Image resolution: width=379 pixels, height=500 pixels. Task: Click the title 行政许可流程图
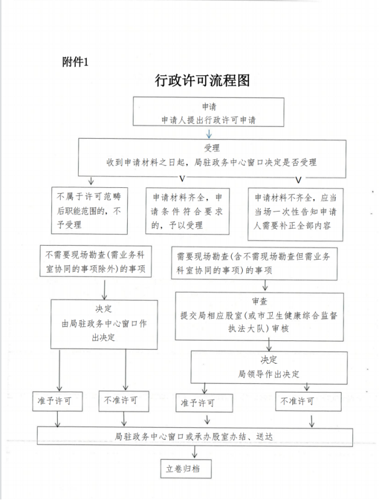pyautogui.click(x=202, y=80)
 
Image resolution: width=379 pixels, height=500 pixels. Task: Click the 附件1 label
pyautogui.click(x=75, y=61)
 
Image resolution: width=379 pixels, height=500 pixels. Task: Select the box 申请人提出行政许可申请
pyautogui.click(x=209, y=112)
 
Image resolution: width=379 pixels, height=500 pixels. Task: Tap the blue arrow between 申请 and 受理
pyautogui.click(x=209, y=134)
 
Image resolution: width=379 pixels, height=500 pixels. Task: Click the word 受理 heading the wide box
pyautogui.click(x=212, y=148)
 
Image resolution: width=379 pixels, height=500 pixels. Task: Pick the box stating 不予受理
pyautogui.click(x=90, y=211)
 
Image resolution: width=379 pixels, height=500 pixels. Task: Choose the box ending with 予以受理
pyautogui.click(x=187, y=211)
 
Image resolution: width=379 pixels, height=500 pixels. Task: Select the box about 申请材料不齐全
pyautogui.click(x=295, y=214)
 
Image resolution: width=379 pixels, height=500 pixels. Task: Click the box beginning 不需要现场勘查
pyautogui.click(x=96, y=261)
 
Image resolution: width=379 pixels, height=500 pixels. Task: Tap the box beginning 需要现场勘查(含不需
pyautogui.click(x=254, y=264)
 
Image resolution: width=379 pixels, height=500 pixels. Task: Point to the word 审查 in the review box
pyautogui.click(x=259, y=301)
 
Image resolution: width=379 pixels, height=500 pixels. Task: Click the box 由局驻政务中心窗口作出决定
pyautogui.click(x=104, y=324)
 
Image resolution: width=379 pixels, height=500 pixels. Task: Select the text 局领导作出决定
pyautogui.click(x=269, y=374)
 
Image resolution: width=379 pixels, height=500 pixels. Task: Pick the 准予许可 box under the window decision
pyautogui.click(x=57, y=401)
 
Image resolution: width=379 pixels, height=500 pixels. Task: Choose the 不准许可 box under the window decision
pyautogui.click(x=124, y=401)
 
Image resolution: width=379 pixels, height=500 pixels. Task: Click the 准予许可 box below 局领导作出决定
pyautogui.click(x=205, y=403)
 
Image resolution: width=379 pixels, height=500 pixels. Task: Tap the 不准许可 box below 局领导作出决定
pyautogui.click(x=309, y=401)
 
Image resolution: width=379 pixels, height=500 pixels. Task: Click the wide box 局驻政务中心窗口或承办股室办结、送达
pyautogui.click(x=195, y=437)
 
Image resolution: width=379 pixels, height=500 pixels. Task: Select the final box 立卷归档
pyautogui.click(x=186, y=469)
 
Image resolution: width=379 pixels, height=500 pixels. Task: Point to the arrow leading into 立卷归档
pyautogui.click(x=195, y=453)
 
